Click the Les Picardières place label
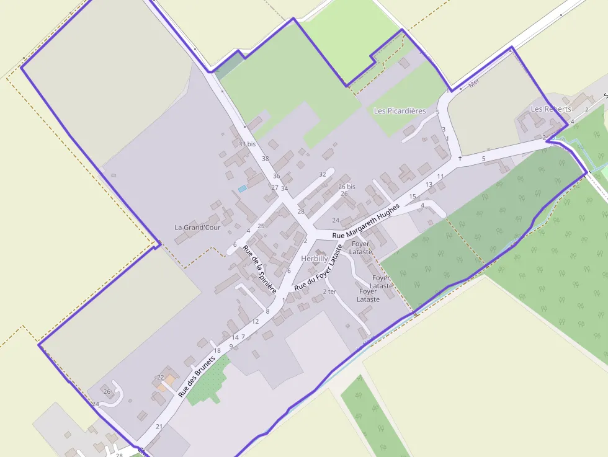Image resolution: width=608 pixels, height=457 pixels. (400, 111)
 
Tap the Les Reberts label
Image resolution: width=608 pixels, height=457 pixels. (551, 109)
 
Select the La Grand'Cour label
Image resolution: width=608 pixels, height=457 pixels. (197, 228)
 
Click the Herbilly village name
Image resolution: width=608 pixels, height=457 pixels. (315, 258)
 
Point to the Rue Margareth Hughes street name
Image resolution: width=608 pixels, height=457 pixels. (365, 221)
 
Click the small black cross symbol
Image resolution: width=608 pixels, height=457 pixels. (460, 158)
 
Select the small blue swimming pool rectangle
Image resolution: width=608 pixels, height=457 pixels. (242, 188)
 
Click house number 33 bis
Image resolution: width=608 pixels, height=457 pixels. (247, 144)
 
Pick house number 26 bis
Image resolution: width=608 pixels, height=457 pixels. (347, 187)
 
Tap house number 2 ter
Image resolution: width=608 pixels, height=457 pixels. (329, 291)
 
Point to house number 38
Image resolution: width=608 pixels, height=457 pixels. (266, 159)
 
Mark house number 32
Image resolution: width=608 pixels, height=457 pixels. (322, 174)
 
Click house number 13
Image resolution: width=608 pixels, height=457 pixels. (429, 185)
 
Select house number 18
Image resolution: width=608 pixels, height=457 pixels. (217, 351)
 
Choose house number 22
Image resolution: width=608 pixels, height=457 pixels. (160, 377)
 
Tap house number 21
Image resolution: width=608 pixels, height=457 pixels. (159, 427)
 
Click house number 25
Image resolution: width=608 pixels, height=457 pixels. (261, 226)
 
